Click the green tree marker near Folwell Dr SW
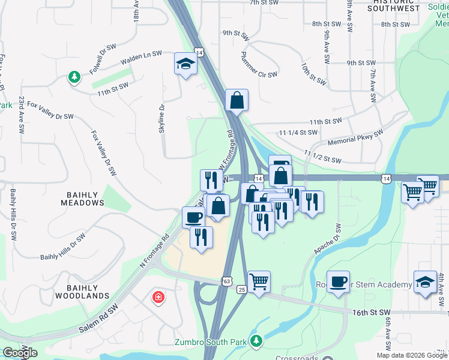click(74, 77)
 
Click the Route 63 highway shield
click(226, 281)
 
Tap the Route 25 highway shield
click(241, 289)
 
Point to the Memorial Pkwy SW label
click(355, 139)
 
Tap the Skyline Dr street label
click(162, 119)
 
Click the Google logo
click(19, 352)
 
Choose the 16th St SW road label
click(371, 313)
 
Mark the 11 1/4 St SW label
click(298, 131)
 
